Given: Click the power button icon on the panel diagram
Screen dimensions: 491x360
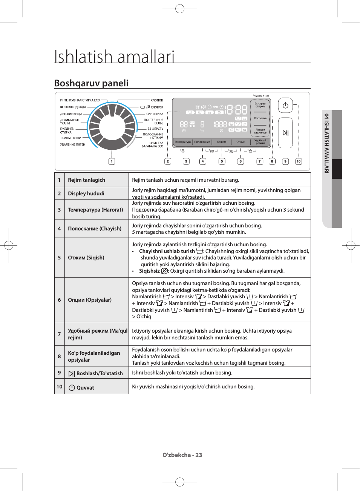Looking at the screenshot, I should click(285, 106).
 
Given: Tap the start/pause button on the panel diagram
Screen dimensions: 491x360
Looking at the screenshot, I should click(285, 133).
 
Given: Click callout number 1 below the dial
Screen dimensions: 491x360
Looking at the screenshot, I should click(112, 161).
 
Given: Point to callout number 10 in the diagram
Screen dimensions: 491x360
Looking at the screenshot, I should click(299, 161).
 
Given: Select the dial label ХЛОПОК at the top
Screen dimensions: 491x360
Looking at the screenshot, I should click(157, 100).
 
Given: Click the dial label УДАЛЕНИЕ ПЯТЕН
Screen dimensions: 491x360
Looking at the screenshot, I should click(73, 144).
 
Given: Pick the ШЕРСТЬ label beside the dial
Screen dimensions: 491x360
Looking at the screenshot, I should click(157, 129).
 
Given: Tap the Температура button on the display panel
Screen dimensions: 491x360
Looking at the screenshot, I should click(183, 142).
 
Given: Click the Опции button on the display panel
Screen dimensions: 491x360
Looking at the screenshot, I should click(241, 142).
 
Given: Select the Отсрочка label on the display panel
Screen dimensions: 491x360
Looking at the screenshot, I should click(260, 118).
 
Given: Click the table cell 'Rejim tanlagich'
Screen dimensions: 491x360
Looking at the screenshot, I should click(86, 180).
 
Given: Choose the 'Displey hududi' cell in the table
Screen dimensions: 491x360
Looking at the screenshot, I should click(86, 193).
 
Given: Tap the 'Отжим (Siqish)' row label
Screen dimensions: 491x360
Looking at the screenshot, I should click(86, 258).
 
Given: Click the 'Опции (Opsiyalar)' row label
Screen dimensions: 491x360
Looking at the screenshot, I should click(90, 300).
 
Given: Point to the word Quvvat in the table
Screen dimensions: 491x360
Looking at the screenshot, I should click(85, 388).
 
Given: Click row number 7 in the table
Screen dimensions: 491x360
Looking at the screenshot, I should click(59, 334).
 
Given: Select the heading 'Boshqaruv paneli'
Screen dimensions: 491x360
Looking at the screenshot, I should click(91, 83).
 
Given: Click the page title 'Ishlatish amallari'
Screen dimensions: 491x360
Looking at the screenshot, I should click(114, 57).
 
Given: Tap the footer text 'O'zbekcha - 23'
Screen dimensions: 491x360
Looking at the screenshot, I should click(182, 455).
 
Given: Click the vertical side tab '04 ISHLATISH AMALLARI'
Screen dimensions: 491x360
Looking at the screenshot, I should click(326, 143).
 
